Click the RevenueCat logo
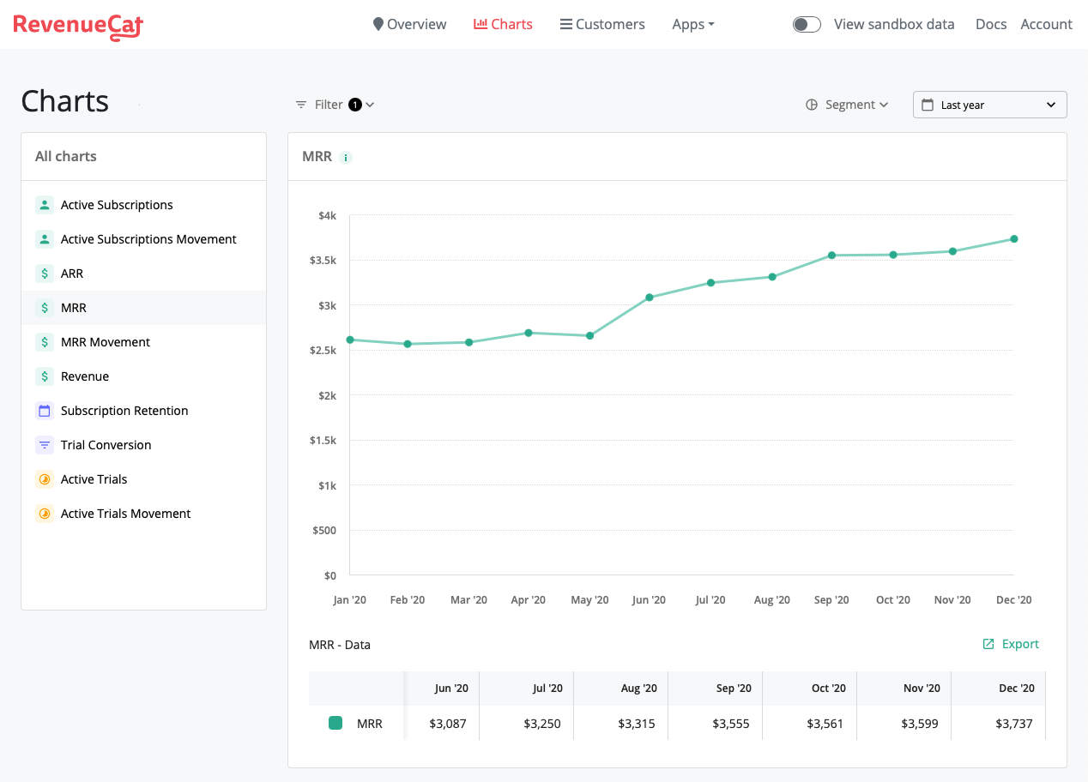pyautogui.click(x=78, y=26)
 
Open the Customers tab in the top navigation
pyautogui.click(x=602, y=24)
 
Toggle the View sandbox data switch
pyautogui.click(x=807, y=24)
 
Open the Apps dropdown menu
pyautogui.click(x=693, y=24)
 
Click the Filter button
pyautogui.click(x=335, y=105)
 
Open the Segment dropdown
pyautogui.click(x=847, y=105)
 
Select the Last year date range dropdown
pyautogui.click(x=989, y=105)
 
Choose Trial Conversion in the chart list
pyautogui.click(x=106, y=445)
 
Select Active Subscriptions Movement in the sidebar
pyautogui.click(x=148, y=239)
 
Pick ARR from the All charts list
pyautogui.click(x=72, y=274)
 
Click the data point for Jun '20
pyautogui.click(x=650, y=298)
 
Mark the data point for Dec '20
pyautogui.click(x=1014, y=239)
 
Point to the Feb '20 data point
pyautogui.click(x=408, y=344)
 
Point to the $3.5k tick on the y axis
pyautogui.click(x=323, y=261)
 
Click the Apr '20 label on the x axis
pyautogui.click(x=529, y=600)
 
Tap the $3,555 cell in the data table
pyautogui.click(x=731, y=724)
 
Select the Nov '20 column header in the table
pyautogui.click(x=922, y=689)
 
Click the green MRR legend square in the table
pyautogui.click(x=335, y=723)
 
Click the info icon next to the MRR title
pyautogui.click(x=345, y=158)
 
